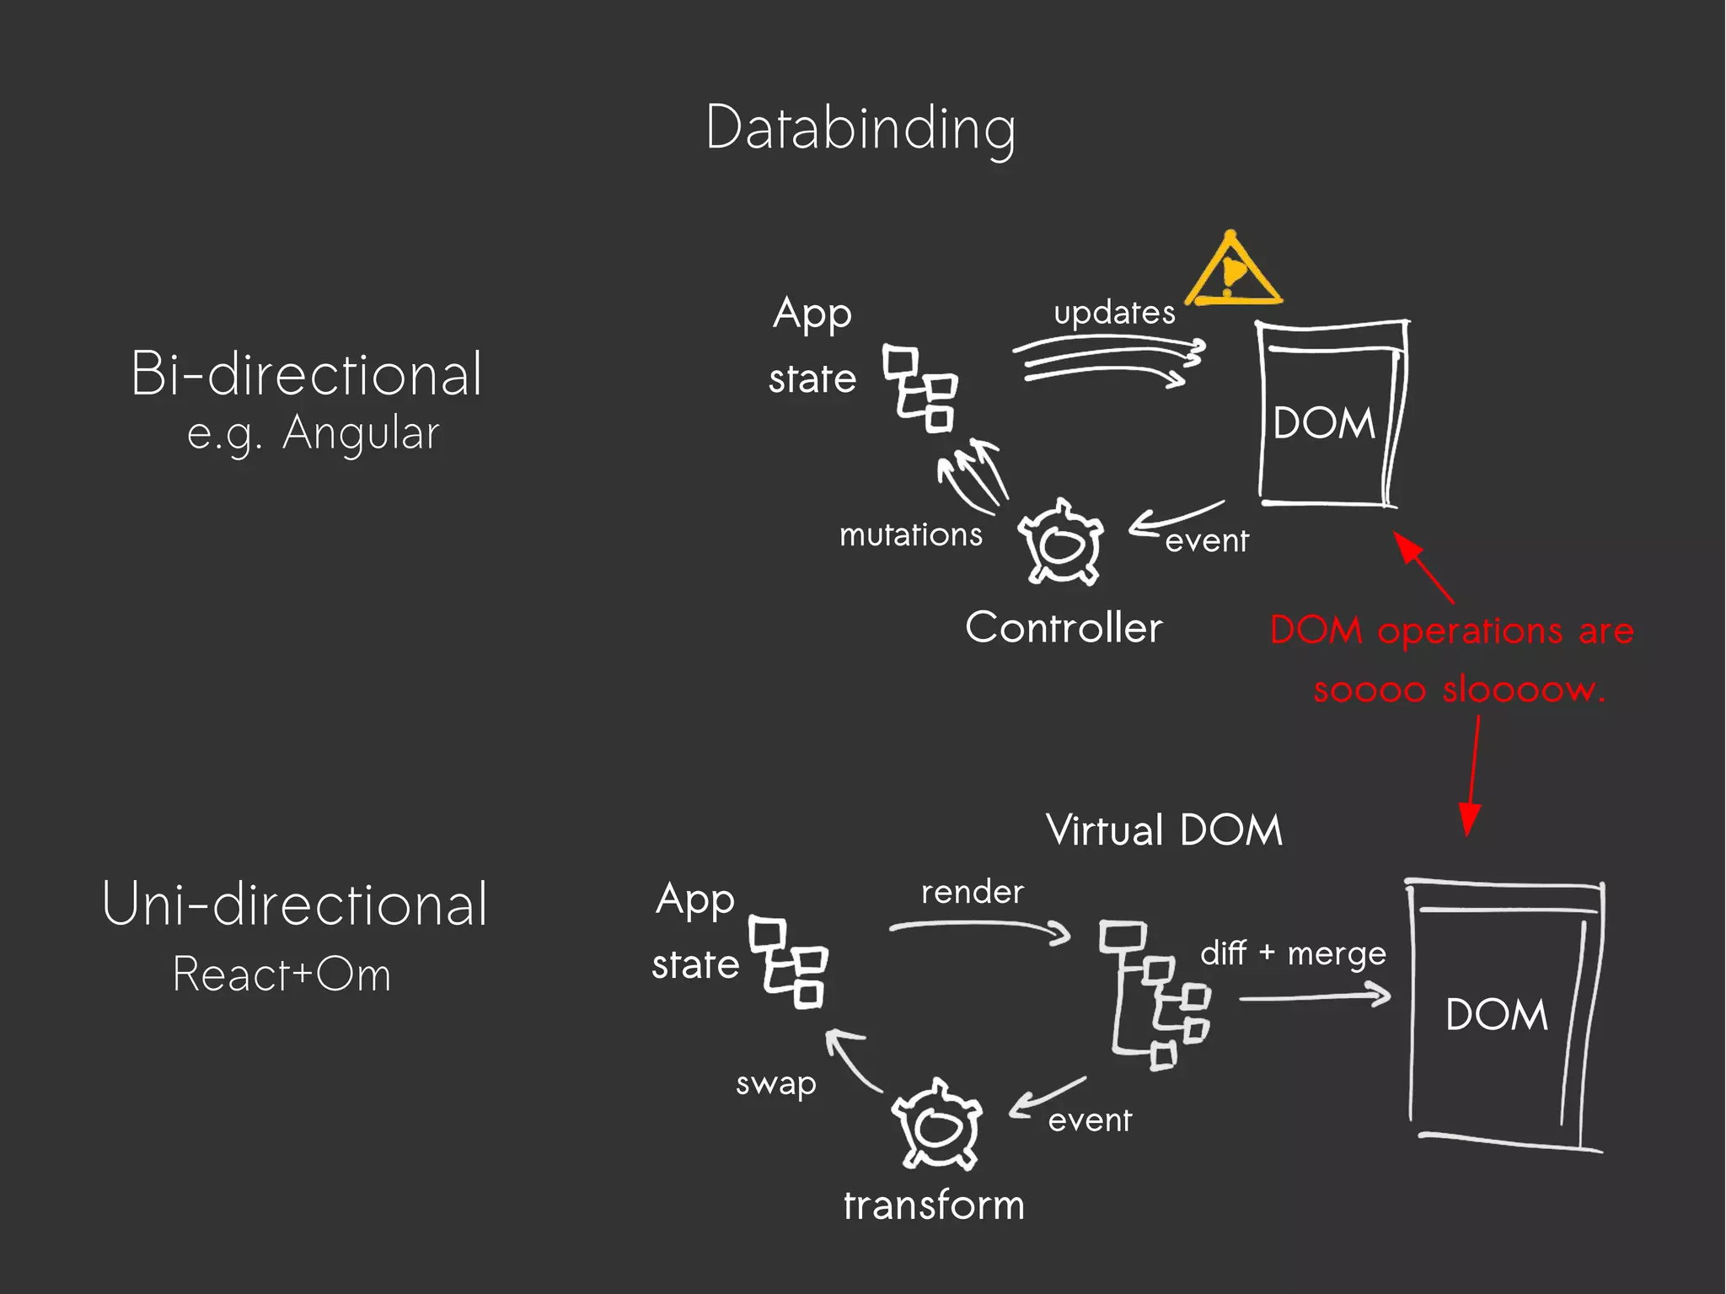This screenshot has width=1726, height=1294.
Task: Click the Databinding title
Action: (x=860, y=129)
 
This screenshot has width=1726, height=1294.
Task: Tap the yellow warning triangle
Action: (x=1232, y=271)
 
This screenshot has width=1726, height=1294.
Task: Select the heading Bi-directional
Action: (x=307, y=373)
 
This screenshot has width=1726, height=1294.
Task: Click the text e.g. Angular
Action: (x=313, y=434)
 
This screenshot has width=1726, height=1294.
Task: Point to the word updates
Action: (x=1114, y=313)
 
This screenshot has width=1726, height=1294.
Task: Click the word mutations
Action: (x=911, y=534)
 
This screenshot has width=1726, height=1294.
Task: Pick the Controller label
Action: (x=1064, y=627)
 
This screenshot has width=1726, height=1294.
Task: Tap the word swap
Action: (x=776, y=1083)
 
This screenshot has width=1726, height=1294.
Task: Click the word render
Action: (x=972, y=892)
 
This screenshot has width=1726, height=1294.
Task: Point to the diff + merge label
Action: (x=1293, y=953)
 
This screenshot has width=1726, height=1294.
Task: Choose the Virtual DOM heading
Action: (x=1164, y=830)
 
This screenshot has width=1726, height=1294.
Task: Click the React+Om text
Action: (x=281, y=975)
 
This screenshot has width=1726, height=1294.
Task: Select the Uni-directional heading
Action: (x=295, y=904)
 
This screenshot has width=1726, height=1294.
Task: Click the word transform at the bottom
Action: (x=934, y=1205)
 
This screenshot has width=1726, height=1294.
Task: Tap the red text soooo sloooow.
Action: (x=1459, y=690)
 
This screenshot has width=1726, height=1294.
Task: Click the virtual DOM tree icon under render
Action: (x=1155, y=995)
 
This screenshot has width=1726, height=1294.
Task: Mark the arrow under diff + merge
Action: (x=1315, y=997)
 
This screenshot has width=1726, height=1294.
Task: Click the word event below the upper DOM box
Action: (x=1206, y=540)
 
